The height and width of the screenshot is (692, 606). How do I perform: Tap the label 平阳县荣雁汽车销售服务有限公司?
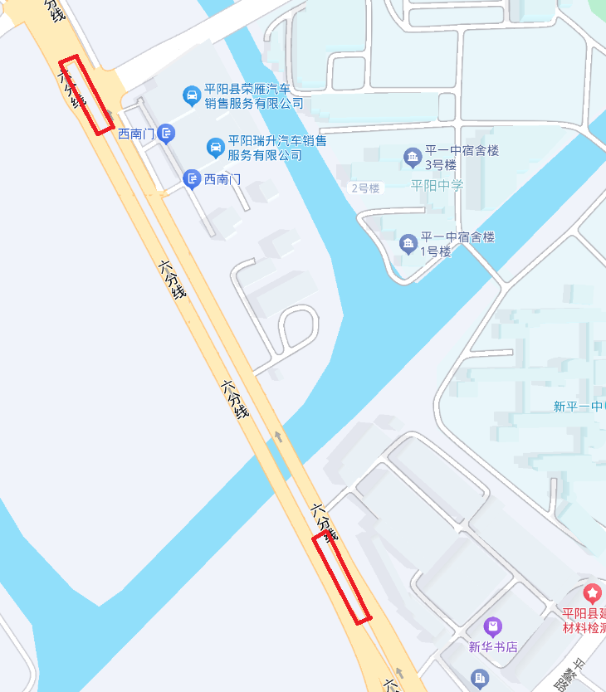(x=254, y=96)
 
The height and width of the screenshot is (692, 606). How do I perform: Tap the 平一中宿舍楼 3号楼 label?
(x=462, y=158)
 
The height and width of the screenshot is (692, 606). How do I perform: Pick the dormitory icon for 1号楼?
(x=408, y=243)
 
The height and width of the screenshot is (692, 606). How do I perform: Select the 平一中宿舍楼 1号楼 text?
(x=457, y=244)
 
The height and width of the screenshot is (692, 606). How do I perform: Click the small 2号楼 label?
(x=364, y=188)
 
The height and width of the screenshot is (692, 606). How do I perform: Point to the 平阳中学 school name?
(x=437, y=185)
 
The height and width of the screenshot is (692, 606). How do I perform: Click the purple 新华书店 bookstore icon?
(x=493, y=626)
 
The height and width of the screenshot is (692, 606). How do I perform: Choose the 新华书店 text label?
(x=493, y=646)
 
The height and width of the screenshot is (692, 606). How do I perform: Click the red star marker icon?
(x=592, y=593)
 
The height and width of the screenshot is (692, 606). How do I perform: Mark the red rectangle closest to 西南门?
(x=86, y=95)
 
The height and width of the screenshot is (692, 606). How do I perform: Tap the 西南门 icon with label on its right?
(x=192, y=178)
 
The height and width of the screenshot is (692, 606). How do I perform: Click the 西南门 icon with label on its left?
(x=166, y=133)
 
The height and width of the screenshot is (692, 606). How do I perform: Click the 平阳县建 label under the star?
(x=584, y=614)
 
